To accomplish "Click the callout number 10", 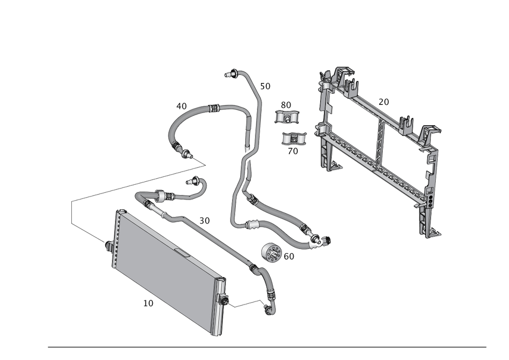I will point(148,302).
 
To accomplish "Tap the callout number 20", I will point(384,102).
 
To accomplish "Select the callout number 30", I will point(204,220).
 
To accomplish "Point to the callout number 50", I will point(265,86).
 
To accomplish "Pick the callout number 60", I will point(289,257).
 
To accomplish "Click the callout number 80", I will point(286,105).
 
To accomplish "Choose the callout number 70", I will point(293,151).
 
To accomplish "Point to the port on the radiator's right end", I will point(222,299).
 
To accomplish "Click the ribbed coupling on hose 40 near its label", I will point(214,108).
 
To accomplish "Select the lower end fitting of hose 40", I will point(183,150).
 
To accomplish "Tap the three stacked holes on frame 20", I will point(431,199).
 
